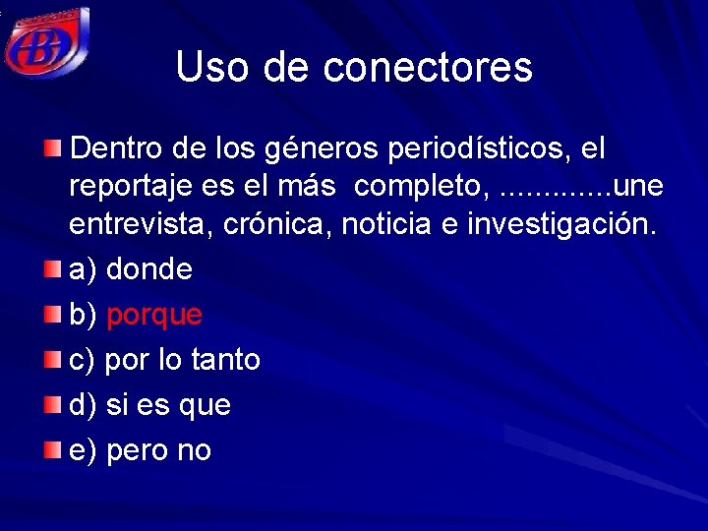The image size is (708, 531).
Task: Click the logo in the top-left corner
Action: [x=46, y=41]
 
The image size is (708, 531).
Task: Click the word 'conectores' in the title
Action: [x=428, y=67]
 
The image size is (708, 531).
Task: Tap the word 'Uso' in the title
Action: [x=208, y=67]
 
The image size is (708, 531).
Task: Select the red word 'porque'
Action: [x=153, y=316]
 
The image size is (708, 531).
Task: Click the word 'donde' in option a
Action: [x=148, y=269]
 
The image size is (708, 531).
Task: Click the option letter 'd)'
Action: [x=83, y=405]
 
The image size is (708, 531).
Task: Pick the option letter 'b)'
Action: [x=83, y=316]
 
